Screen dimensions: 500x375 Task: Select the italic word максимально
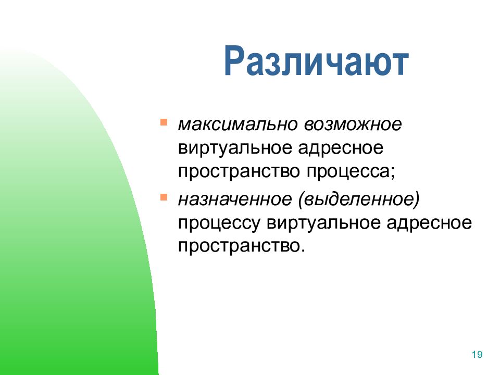click(238, 124)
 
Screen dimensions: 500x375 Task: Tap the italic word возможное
click(353, 124)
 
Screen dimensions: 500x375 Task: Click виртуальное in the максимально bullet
click(235, 148)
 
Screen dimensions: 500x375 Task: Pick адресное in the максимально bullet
click(341, 148)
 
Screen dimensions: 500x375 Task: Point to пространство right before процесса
click(239, 172)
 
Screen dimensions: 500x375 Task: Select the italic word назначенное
click(235, 199)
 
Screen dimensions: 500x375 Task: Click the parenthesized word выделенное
click(359, 199)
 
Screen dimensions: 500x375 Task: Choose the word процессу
click(219, 223)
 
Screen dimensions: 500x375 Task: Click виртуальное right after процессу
click(323, 223)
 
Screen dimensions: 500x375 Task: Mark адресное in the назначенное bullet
click(429, 223)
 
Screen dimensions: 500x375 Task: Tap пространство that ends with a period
click(239, 246)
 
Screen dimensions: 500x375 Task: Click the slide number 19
click(477, 355)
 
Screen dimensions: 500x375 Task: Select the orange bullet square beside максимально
click(164, 122)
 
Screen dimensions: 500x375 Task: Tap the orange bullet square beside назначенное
click(164, 197)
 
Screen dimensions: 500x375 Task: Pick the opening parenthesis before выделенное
click(301, 200)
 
